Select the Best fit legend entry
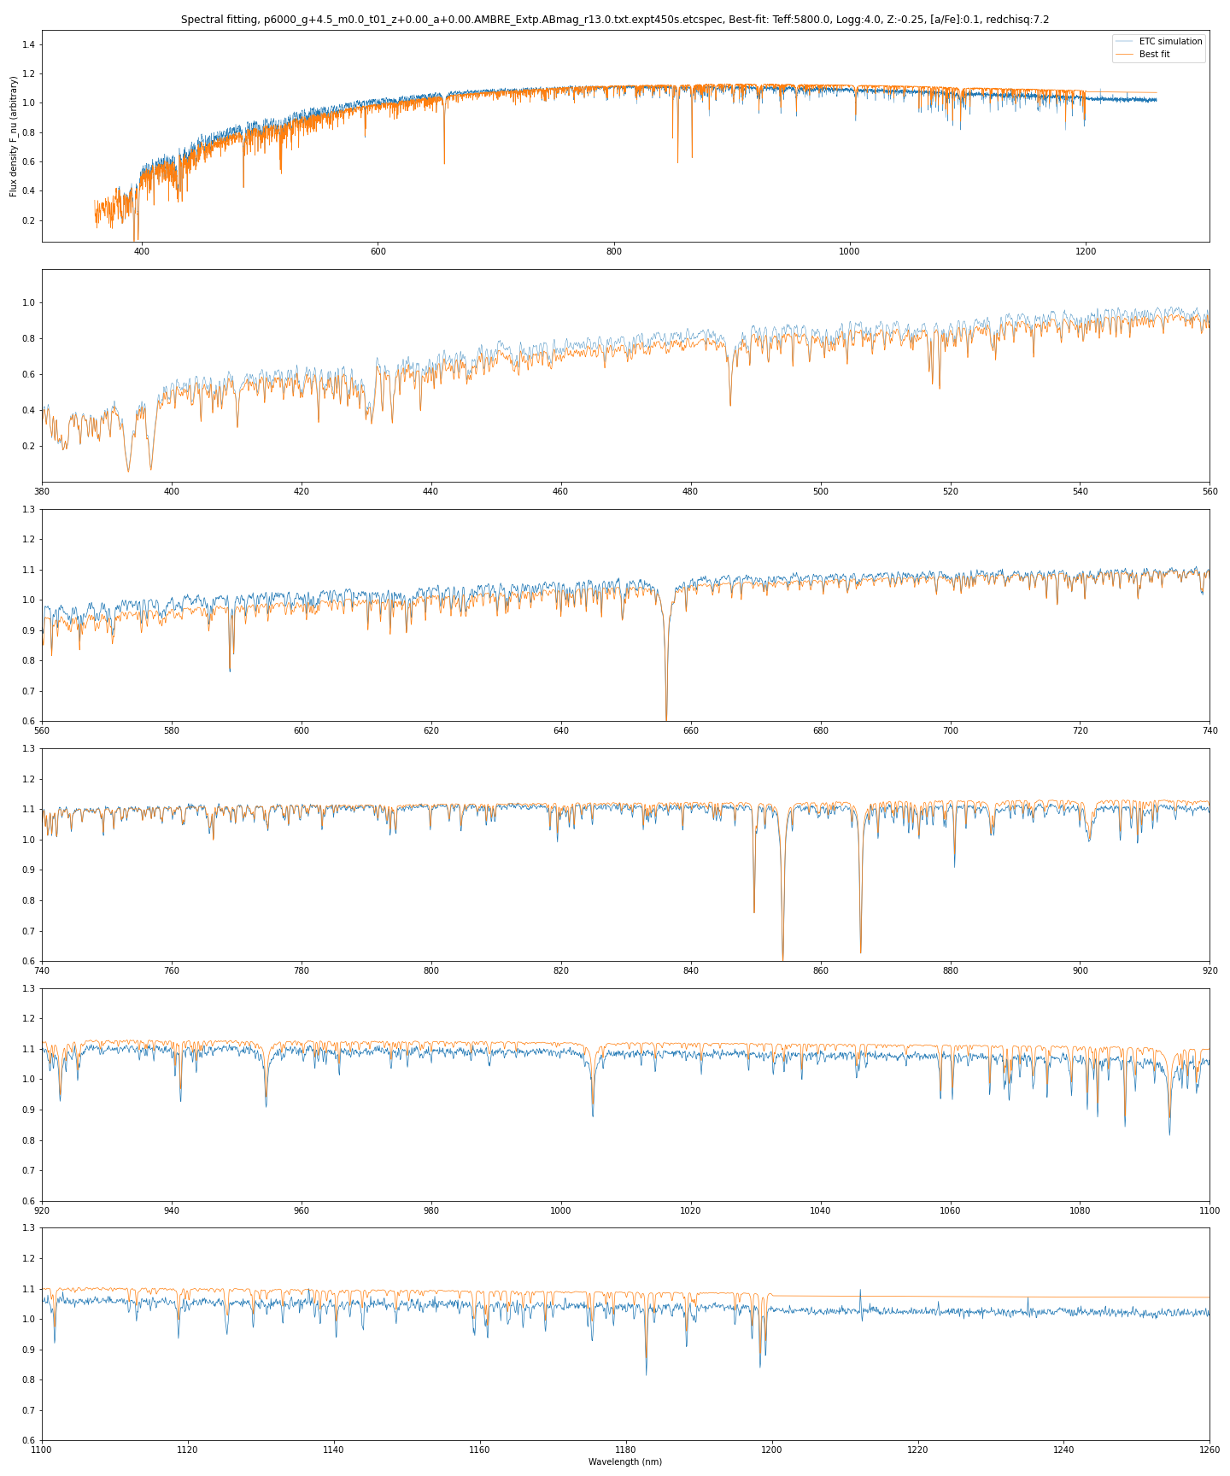pyautogui.click(x=1154, y=54)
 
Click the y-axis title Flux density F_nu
pyautogui.click(x=14, y=137)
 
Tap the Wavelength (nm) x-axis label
pyautogui.click(x=625, y=1461)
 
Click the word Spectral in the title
pyautogui.click(x=201, y=20)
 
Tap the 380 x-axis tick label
pyautogui.click(x=42, y=491)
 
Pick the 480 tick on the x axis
pyautogui.click(x=690, y=491)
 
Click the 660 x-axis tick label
pyautogui.click(x=690, y=730)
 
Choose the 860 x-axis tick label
pyautogui.click(x=820, y=970)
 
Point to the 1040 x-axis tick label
pyautogui.click(x=820, y=1210)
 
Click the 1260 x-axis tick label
pyautogui.click(x=1209, y=1450)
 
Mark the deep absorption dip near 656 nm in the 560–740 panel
pyautogui.click(x=666, y=716)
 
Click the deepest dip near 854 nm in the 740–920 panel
pyautogui.click(x=782, y=955)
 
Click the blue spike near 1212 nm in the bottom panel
pyautogui.click(x=860, y=1291)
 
